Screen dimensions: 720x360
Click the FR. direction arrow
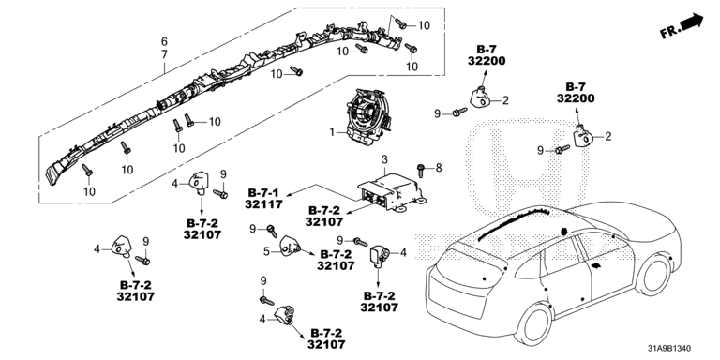pyautogui.click(x=681, y=26)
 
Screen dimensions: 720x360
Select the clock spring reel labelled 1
pyautogui.click(x=368, y=113)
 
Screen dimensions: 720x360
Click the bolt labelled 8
pyautogui.click(x=420, y=170)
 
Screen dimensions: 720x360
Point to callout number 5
pyautogui.click(x=266, y=251)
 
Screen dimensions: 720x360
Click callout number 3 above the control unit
pyautogui.click(x=384, y=160)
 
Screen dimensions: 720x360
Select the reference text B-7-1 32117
pyautogui.click(x=263, y=199)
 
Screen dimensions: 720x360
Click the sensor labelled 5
pyautogui.click(x=290, y=246)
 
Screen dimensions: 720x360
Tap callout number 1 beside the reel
pyautogui.click(x=332, y=132)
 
